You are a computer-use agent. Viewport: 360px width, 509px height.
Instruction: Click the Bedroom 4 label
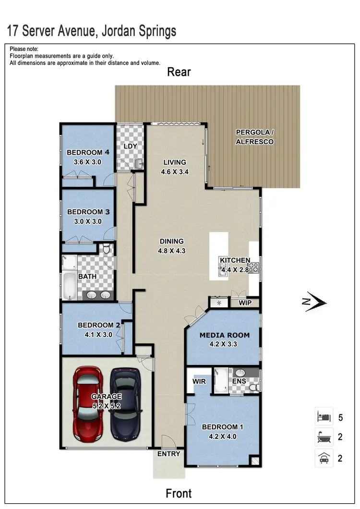tap(88, 153)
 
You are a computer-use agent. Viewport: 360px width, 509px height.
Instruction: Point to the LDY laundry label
tap(131, 146)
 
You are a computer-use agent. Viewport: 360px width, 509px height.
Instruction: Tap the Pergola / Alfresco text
tap(254, 137)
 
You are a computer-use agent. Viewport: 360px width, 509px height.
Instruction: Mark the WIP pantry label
tap(245, 303)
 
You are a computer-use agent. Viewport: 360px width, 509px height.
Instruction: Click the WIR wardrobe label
tap(199, 381)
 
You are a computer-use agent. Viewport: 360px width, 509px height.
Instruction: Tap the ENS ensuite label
tap(239, 381)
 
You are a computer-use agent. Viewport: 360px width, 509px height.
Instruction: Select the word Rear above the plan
tap(179, 72)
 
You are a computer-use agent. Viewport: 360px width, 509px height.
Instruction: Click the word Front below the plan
tap(179, 493)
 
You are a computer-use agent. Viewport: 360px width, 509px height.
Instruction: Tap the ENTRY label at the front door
tap(168, 454)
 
